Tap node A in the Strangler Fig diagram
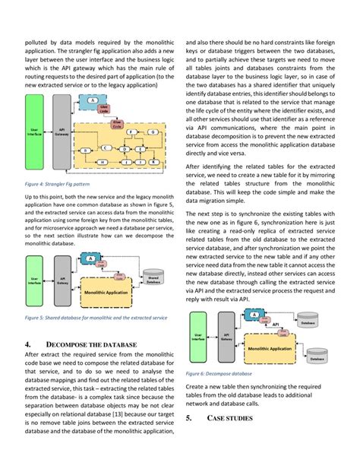coord(92,100)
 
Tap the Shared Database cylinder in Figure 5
coord(154,281)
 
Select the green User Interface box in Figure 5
coord(34,281)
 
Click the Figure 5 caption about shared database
coord(96,318)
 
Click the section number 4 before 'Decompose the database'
coord(27,344)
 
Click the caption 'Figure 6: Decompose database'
coord(220,374)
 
